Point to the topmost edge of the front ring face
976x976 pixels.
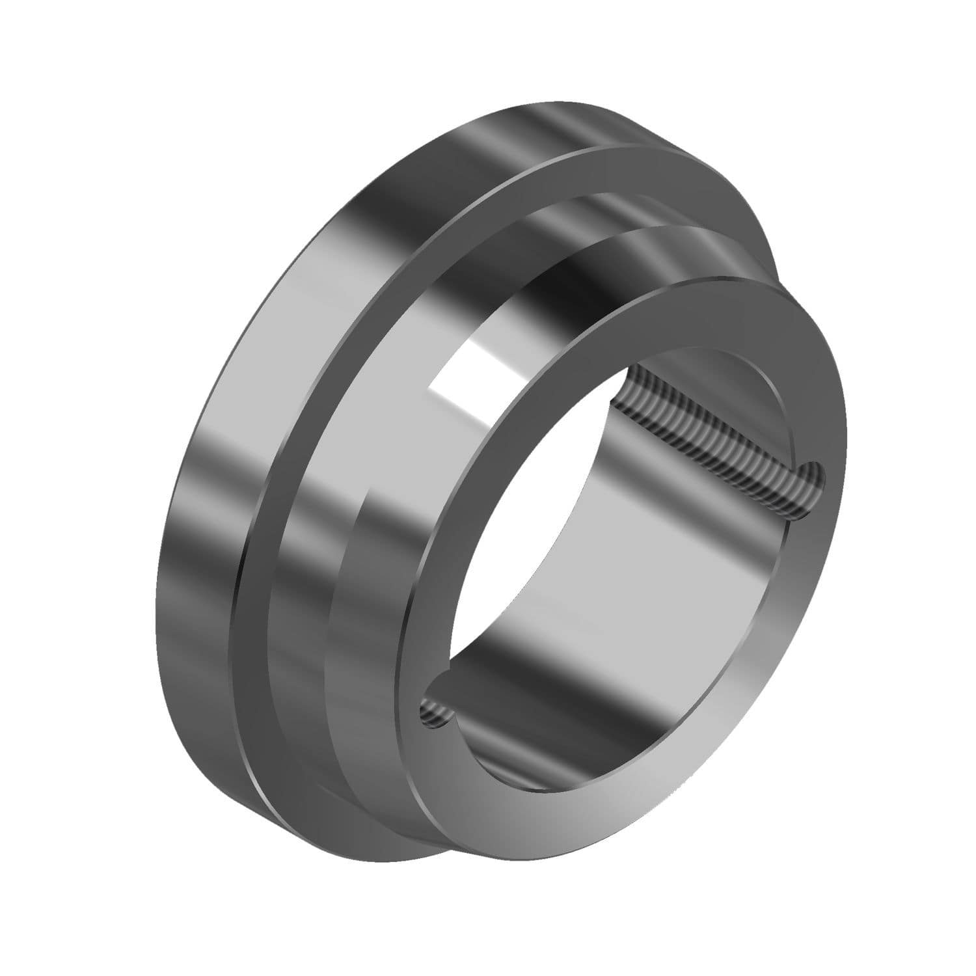[735, 277]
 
